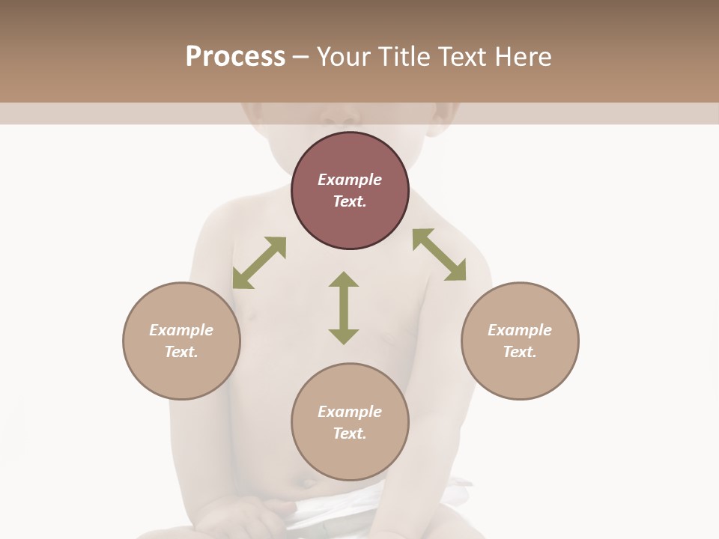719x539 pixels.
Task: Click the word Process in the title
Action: click(x=235, y=57)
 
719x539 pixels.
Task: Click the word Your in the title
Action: click(x=345, y=57)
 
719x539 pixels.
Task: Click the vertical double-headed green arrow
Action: click(x=344, y=308)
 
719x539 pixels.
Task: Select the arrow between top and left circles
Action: click(x=259, y=263)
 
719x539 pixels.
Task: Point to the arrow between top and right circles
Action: click(x=440, y=255)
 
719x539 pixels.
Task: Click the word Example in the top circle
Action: click(x=350, y=180)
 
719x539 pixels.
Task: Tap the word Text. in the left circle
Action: click(x=181, y=352)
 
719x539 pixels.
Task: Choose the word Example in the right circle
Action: click(x=520, y=330)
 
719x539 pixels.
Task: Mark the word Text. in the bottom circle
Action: click(x=350, y=433)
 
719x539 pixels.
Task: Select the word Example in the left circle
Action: click(x=181, y=330)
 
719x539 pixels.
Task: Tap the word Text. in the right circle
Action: click(x=520, y=352)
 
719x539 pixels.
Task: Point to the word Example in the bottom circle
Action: click(x=350, y=412)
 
